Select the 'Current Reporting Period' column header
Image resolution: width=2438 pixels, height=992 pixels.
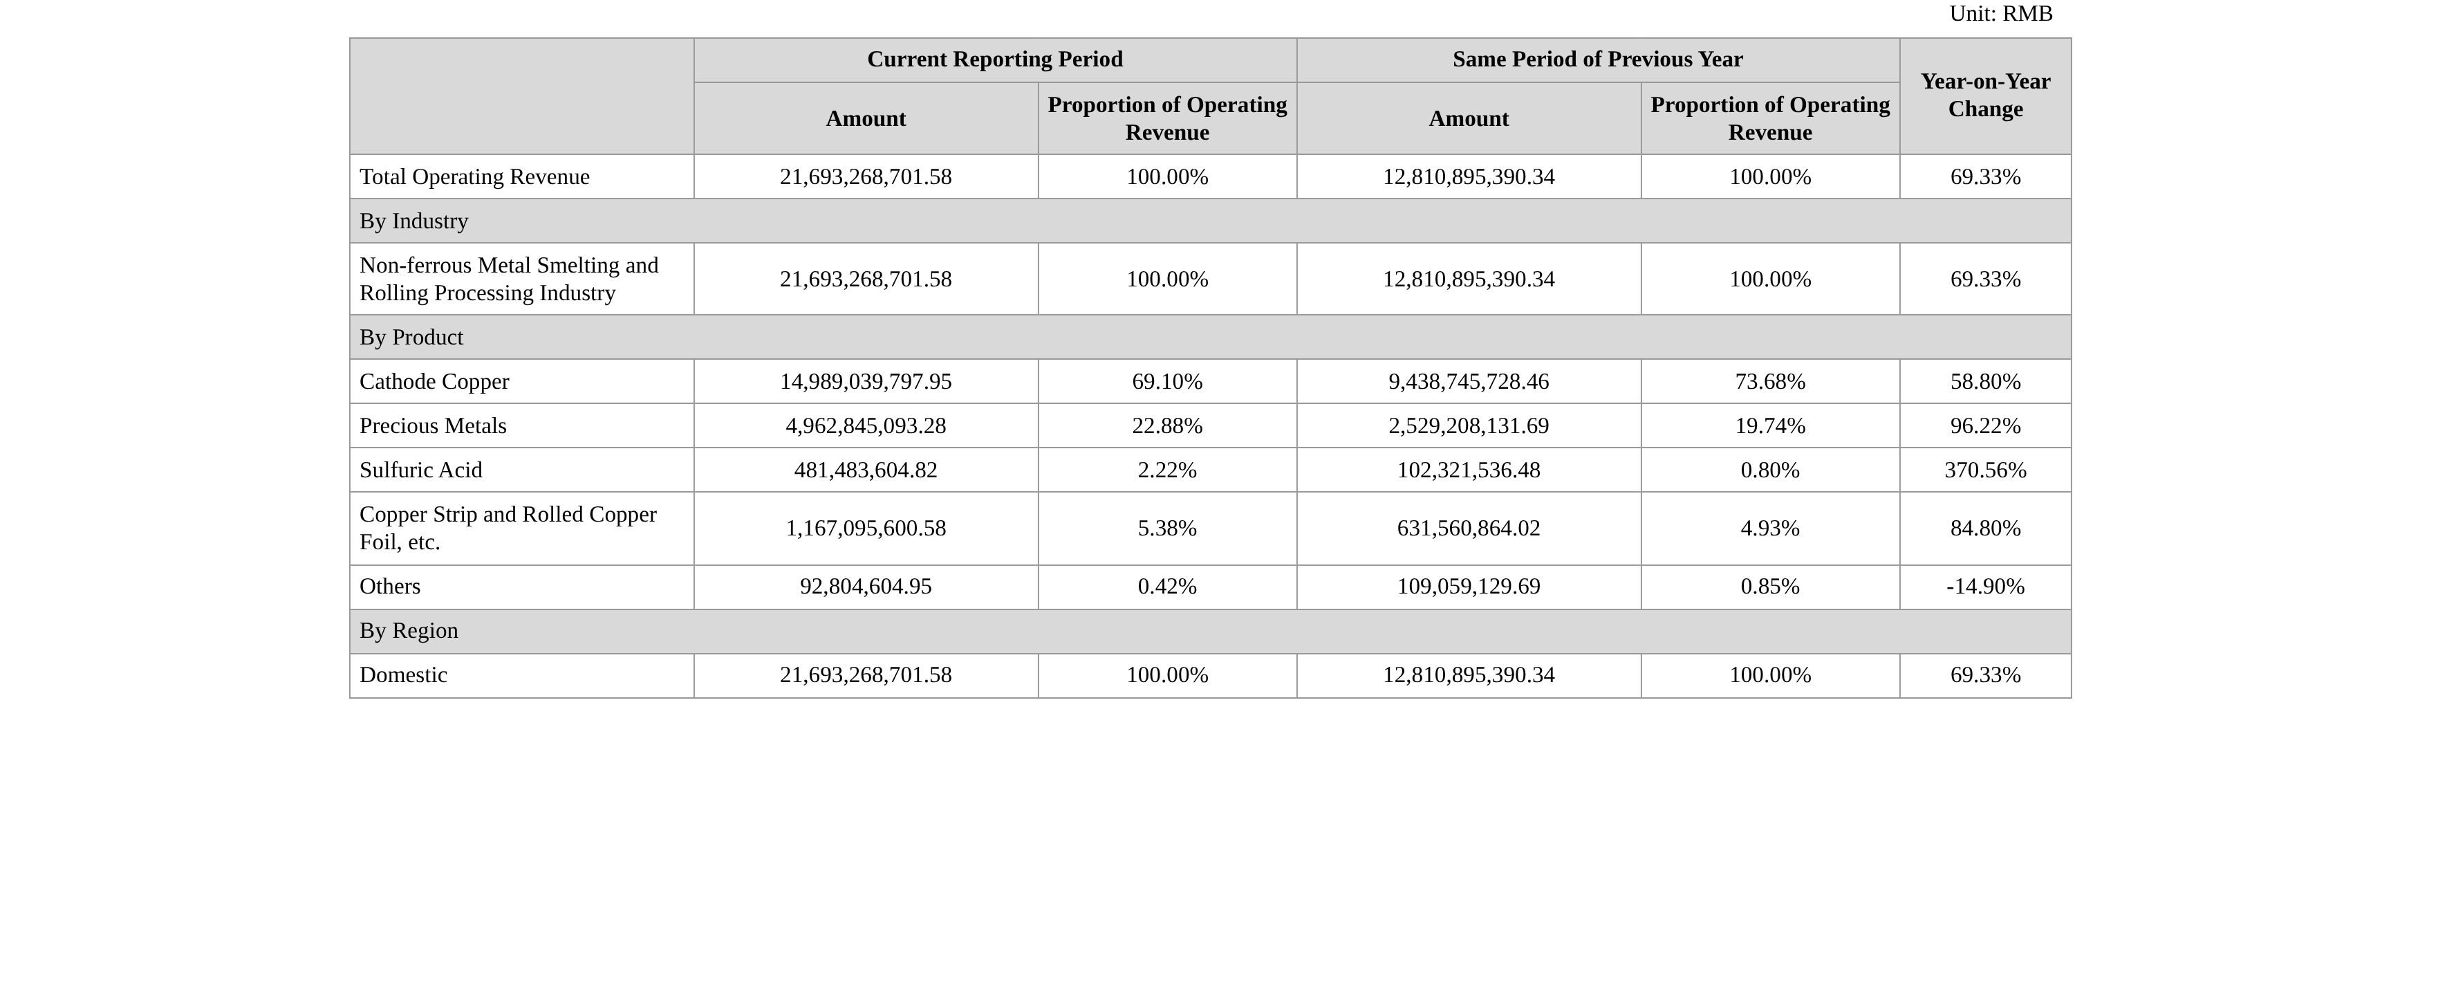pyautogui.click(x=995, y=59)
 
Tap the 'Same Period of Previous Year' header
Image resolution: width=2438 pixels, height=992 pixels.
pyautogui.click(x=1598, y=59)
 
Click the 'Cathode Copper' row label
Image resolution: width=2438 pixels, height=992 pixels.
pyautogui.click(x=434, y=381)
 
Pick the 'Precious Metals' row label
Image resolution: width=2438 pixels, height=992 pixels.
pyautogui.click(x=433, y=426)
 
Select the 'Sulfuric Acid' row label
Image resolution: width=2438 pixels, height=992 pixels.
pyautogui.click(x=421, y=470)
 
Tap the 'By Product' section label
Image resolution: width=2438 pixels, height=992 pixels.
pyautogui.click(x=411, y=338)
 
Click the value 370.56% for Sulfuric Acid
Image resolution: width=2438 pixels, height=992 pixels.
pyautogui.click(x=1986, y=470)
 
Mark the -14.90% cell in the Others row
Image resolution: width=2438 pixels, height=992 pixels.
pyautogui.click(x=1986, y=587)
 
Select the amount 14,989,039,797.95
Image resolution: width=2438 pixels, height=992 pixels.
pyautogui.click(x=866, y=381)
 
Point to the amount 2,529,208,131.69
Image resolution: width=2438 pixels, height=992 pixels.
pyautogui.click(x=1469, y=426)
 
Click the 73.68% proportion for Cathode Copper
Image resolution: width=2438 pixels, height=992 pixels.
pyautogui.click(x=1770, y=381)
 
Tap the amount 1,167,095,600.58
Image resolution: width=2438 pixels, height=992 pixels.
pyautogui.click(x=866, y=529)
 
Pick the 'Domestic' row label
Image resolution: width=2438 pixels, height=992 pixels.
pyautogui.click(x=403, y=675)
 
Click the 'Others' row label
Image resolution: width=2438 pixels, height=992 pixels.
pyautogui.click(x=390, y=587)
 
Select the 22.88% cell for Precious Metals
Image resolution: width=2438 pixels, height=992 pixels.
pyautogui.click(x=1167, y=426)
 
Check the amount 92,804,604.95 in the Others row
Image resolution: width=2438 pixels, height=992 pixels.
pyautogui.click(x=866, y=587)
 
